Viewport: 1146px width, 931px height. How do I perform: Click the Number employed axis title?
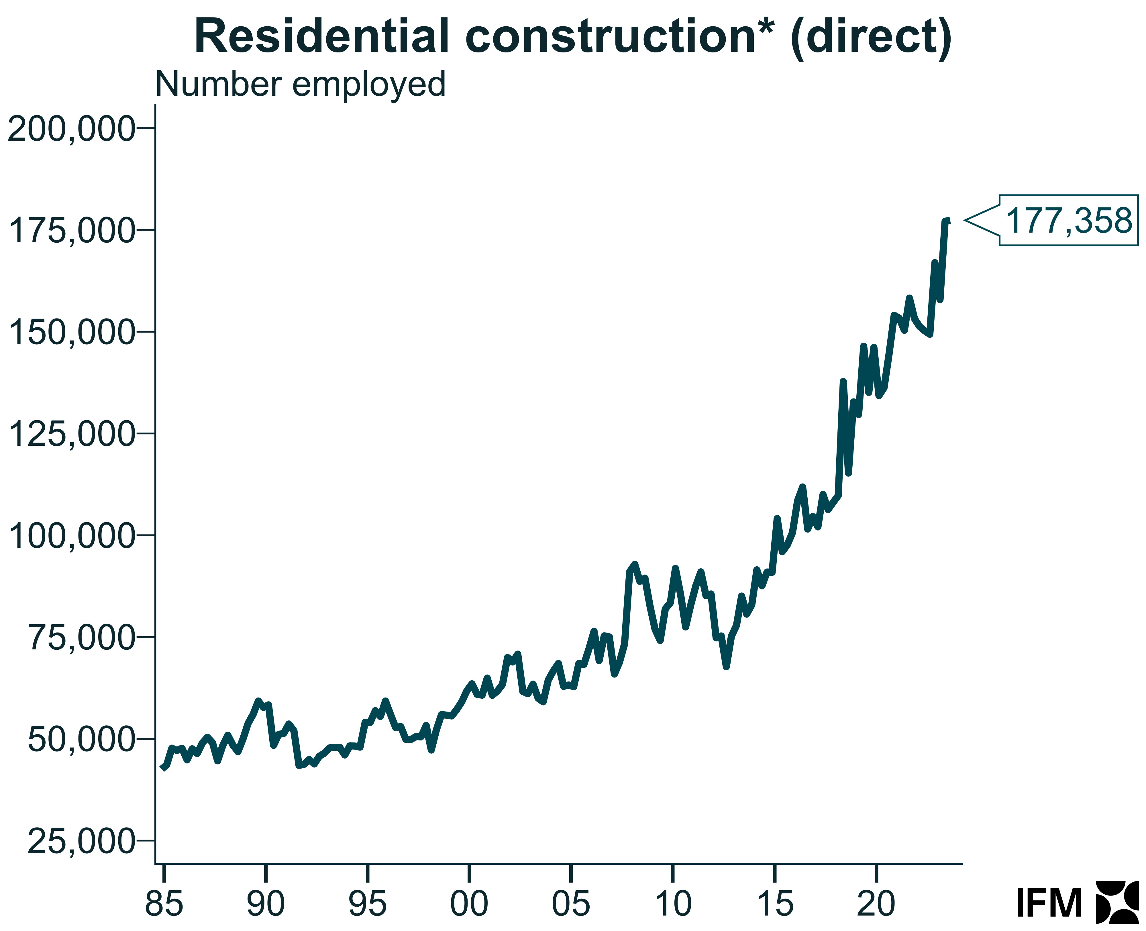[x=300, y=84]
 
